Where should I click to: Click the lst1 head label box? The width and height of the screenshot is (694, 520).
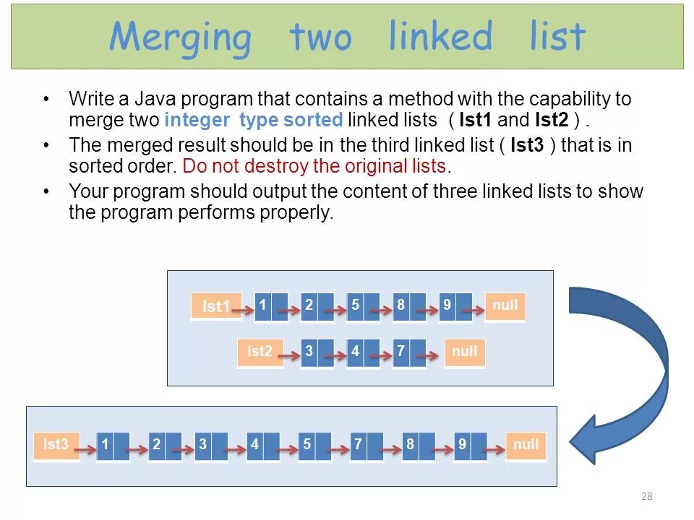pyautogui.click(x=215, y=306)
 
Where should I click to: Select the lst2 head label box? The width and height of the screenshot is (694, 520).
pyautogui.click(x=260, y=352)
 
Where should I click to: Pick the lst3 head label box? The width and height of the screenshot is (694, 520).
pyautogui.click(x=56, y=446)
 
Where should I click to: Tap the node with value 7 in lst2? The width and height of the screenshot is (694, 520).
pyautogui.click(x=408, y=352)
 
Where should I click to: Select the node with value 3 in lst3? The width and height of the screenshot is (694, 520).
pyautogui.click(x=211, y=446)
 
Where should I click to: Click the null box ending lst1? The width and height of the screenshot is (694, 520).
pyautogui.click(x=505, y=306)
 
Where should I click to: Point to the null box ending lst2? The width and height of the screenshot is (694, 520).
pyautogui.click(x=464, y=352)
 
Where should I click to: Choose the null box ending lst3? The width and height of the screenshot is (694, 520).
pyautogui.click(x=526, y=446)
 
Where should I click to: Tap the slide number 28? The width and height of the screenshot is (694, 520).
pyautogui.click(x=646, y=496)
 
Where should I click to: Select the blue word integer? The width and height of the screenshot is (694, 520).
pyautogui.click(x=197, y=120)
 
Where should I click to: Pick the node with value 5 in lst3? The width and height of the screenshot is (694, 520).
pyautogui.click(x=314, y=446)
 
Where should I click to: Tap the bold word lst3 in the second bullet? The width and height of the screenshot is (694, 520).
pyautogui.click(x=527, y=145)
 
